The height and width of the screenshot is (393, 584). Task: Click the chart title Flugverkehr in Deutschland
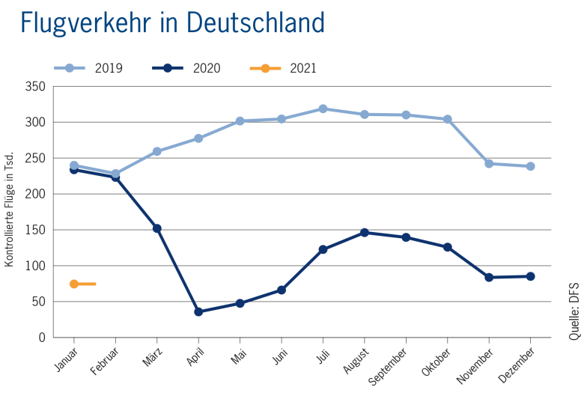pyautogui.click(x=173, y=22)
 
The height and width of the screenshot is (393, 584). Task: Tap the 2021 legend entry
pyautogui.click(x=284, y=69)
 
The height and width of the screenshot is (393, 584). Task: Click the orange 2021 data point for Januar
pyautogui.click(x=74, y=284)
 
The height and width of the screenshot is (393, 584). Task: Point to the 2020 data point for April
pyautogui.click(x=198, y=311)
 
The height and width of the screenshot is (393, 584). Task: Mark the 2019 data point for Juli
pyautogui.click(x=323, y=109)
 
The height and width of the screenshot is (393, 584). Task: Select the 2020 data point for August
pyautogui.click(x=365, y=233)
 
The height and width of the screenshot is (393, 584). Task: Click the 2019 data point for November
pyautogui.click(x=489, y=163)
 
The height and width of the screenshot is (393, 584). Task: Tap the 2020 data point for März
pyautogui.click(x=157, y=228)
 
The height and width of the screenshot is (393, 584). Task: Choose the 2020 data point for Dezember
pyautogui.click(x=530, y=276)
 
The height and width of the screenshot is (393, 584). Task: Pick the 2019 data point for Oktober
pyautogui.click(x=448, y=119)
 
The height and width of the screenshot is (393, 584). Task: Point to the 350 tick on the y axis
pyautogui.click(x=37, y=87)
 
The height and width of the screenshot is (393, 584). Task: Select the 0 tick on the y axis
pyautogui.click(x=43, y=338)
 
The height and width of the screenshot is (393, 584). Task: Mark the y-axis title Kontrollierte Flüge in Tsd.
pyautogui.click(x=10, y=212)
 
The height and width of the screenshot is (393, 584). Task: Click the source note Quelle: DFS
pyautogui.click(x=574, y=311)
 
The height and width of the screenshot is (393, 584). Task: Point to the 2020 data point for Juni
pyautogui.click(x=282, y=290)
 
